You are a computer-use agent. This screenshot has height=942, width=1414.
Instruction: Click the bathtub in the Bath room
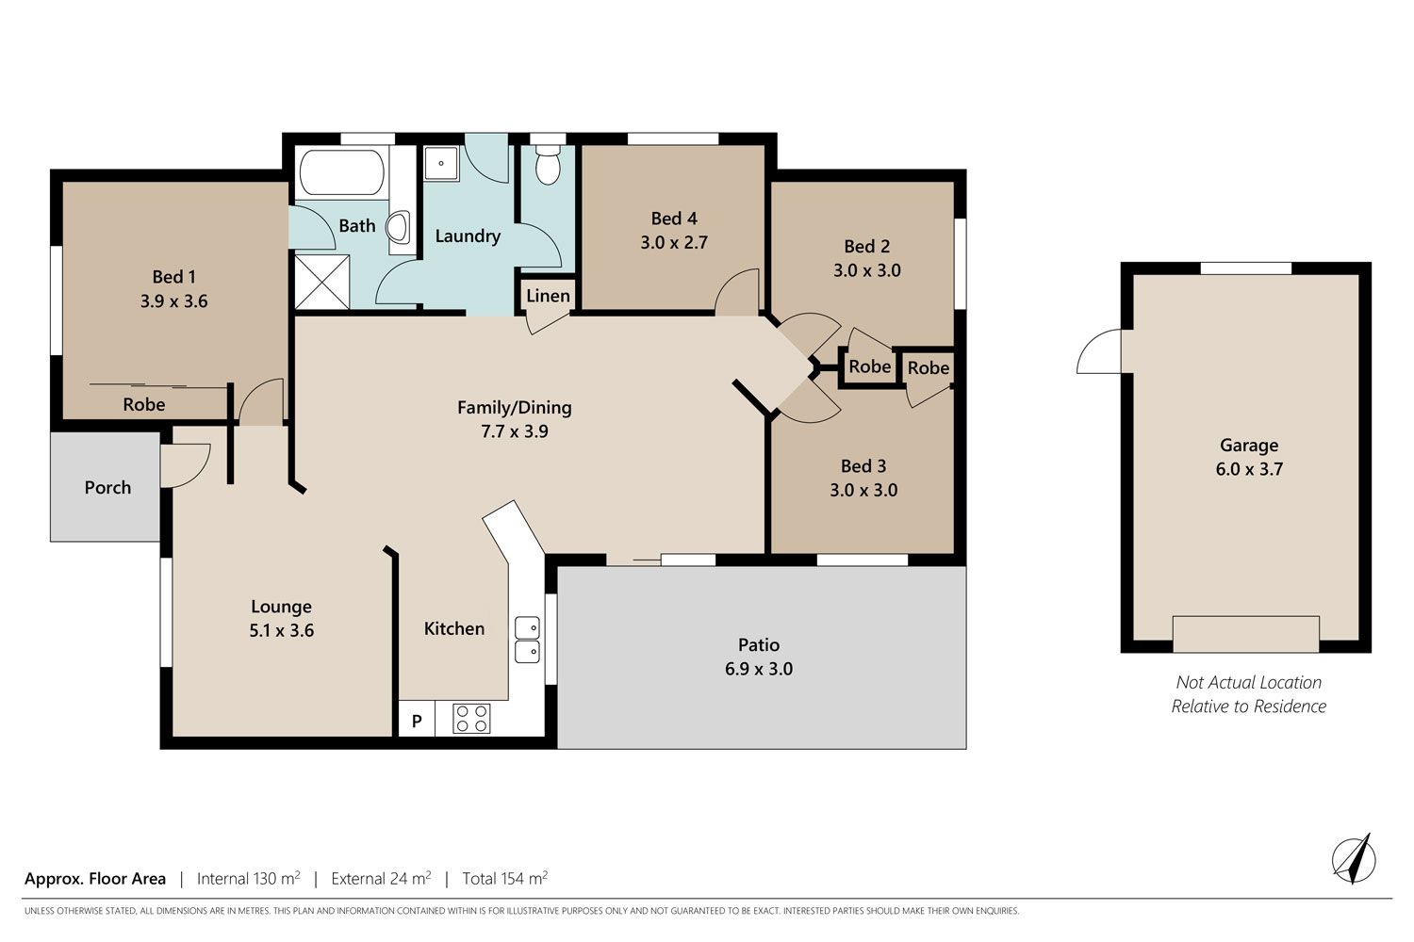tap(341, 172)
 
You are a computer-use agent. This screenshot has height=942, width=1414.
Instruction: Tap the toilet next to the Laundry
tap(548, 165)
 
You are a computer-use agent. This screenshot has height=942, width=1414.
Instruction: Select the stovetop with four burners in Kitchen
tap(471, 718)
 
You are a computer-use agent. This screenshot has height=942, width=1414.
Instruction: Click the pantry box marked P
tap(417, 720)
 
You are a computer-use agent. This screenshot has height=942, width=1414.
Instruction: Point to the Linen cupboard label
tap(548, 296)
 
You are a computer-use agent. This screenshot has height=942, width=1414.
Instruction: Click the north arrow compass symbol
tap(1354, 859)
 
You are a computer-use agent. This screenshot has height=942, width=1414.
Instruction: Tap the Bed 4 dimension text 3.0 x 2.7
tap(674, 242)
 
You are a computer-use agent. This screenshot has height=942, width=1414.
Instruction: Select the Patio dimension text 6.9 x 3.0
tap(759, 669)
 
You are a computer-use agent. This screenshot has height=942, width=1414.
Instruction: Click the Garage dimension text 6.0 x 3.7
tap(1249, 469)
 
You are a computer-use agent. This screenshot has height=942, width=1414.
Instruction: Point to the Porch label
tap(108, 488)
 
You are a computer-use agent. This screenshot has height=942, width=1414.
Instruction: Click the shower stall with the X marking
tap(322, 282)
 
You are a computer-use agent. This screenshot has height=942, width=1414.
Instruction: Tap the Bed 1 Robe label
tap(144, 404)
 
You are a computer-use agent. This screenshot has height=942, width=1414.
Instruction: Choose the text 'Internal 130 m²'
tap(248, 878)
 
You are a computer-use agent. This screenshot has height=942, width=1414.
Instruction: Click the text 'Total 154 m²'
tap(505, 878)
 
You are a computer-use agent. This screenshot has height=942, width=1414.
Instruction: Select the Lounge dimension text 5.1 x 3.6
tap(282, 630)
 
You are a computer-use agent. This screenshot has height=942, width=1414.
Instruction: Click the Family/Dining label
tap(515, 408)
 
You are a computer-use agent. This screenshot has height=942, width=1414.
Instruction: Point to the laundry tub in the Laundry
tap(440, 163)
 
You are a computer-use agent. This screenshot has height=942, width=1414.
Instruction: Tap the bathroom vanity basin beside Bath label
tap(398, 226)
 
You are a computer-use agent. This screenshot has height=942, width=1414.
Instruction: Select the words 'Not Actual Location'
tap(1249, 682)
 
